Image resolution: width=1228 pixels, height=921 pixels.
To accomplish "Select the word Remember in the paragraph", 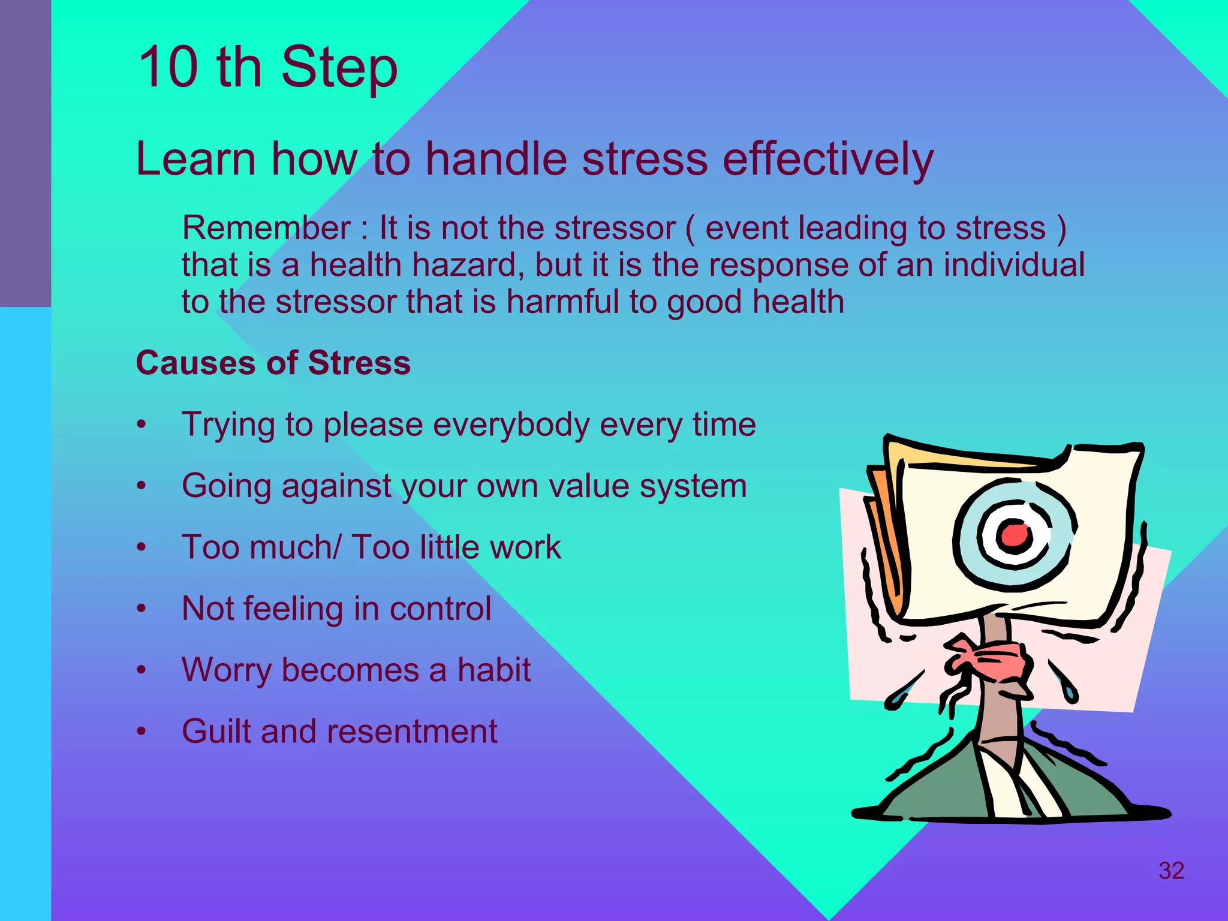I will [x=266, y=228].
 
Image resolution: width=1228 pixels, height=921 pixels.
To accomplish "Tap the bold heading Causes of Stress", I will [x=273, y=363].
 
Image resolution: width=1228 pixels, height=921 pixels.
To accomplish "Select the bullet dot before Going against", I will [x=142, y=486].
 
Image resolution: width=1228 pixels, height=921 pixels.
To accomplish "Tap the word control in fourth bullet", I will [x=440, y=609].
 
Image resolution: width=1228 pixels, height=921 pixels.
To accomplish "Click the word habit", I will [x=493, y=670].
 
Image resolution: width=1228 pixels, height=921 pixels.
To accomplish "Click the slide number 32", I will [x=1171, y=871].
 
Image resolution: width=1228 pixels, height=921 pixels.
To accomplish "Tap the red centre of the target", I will [x=1015, y=534].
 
